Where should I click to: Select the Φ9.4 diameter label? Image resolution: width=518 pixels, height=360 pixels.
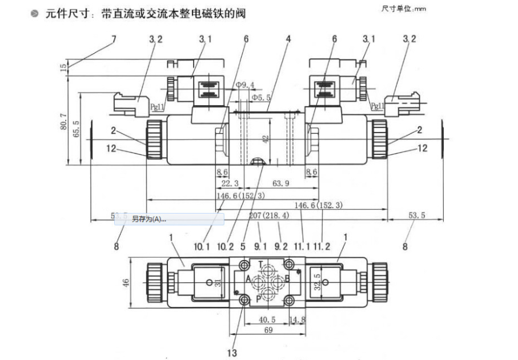point(245,85)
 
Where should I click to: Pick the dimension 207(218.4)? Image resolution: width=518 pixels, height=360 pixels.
point(269,216)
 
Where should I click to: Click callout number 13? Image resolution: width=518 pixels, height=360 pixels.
point(231,353)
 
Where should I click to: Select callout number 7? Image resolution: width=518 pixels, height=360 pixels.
point(113,39)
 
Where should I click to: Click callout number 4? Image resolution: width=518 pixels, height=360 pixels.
point(288,39)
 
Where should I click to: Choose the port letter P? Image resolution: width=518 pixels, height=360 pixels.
point(259,298)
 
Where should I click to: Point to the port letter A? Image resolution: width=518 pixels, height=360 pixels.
point(248,280)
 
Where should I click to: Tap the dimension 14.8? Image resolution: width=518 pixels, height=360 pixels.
point(297,320)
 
